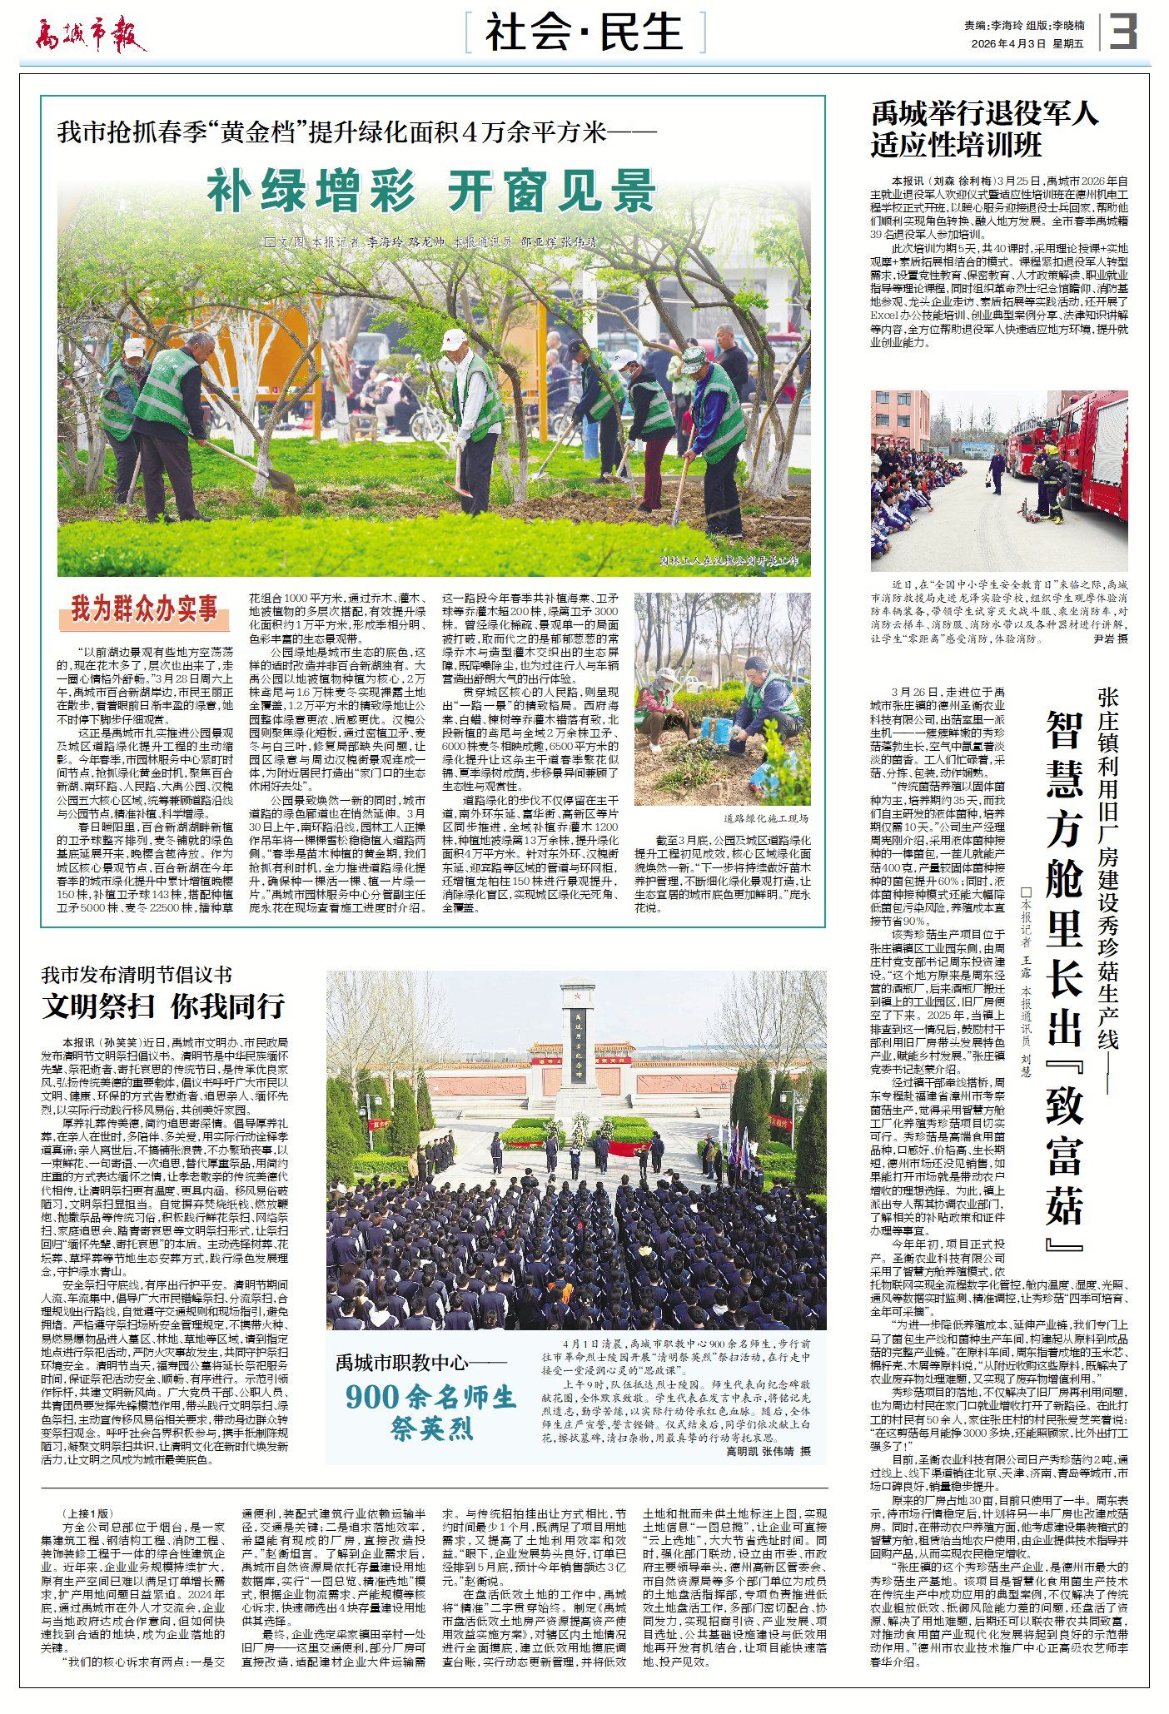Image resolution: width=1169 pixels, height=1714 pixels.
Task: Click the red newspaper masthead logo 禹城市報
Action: coord(90,34)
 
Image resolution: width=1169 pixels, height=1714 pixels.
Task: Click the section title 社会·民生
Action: coord(584,33)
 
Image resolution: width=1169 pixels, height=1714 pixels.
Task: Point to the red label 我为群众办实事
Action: coord(143,609)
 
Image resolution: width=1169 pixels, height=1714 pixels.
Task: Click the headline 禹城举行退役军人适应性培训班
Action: coord(984,129)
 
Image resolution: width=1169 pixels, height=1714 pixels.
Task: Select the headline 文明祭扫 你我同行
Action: coord(164,1006)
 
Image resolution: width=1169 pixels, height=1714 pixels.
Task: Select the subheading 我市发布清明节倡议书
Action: coord(137,975)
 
